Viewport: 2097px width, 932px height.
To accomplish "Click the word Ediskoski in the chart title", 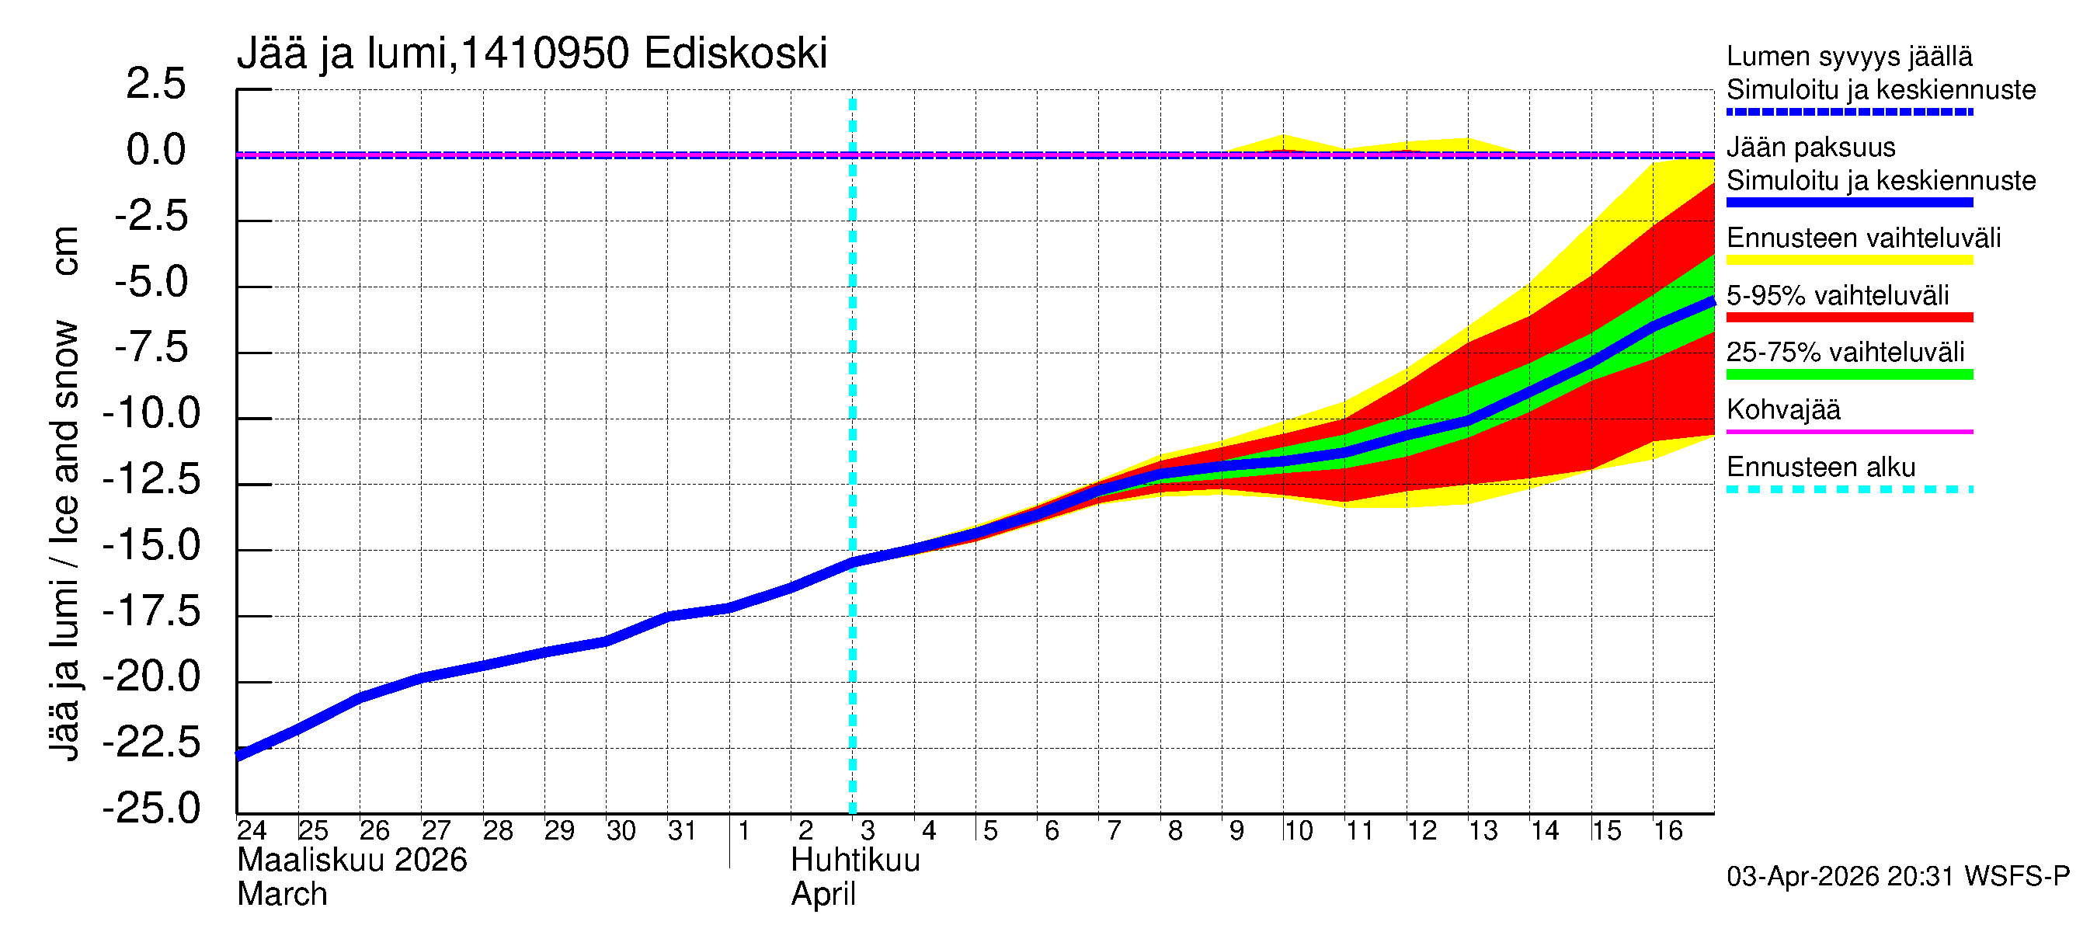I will pyautogui.click(x=735, y=54).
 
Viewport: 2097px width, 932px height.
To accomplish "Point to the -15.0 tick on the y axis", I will pyautogui.click(x=151, y=545).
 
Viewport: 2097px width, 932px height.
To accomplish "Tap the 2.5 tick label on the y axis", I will pyautogui.click(x=155, y=84).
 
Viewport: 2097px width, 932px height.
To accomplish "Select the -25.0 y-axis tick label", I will pyautogui.click(x=151, y=809).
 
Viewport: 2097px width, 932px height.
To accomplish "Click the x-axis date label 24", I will pyautogui.click(x=252, y=830).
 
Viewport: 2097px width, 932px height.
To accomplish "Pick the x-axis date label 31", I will pyautogui.click(x=682, y=830).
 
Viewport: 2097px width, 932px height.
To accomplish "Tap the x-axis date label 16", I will pyautogui.click(x=1668, y=830).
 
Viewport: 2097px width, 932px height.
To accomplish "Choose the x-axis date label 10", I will pyautogui.click(x=1299, y=830).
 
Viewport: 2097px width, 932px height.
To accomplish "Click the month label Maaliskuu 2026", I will pyautogui.click(x=352, y=861).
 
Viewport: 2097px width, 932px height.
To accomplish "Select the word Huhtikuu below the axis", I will pyautogui.click(x=855, y=861).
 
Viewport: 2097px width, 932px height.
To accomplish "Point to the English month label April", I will pyautogui.click(x=823, y=895).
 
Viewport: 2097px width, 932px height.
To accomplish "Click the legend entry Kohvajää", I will pyautogui.click(x=1782, y=409).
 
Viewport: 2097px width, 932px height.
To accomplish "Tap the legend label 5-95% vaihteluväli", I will pyautogui.click(x=1838, y=295).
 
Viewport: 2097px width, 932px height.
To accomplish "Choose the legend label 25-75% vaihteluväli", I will pyautogui.click(x=1845, y=353).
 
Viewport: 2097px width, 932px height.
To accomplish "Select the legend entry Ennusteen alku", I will pyautogui.click(x=1821, y=468).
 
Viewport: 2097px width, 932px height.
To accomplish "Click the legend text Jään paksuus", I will pyautogui.click(x=1810, y=148).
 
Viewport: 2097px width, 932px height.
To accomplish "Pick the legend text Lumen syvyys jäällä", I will pyautogui.click(x=1848, y=57).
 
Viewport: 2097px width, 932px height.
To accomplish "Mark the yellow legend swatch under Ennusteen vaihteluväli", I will pyautogui.click(x=1848, y=260).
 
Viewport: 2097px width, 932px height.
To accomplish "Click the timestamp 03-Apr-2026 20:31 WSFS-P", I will pyautogui.click(x=1897, y=877).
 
